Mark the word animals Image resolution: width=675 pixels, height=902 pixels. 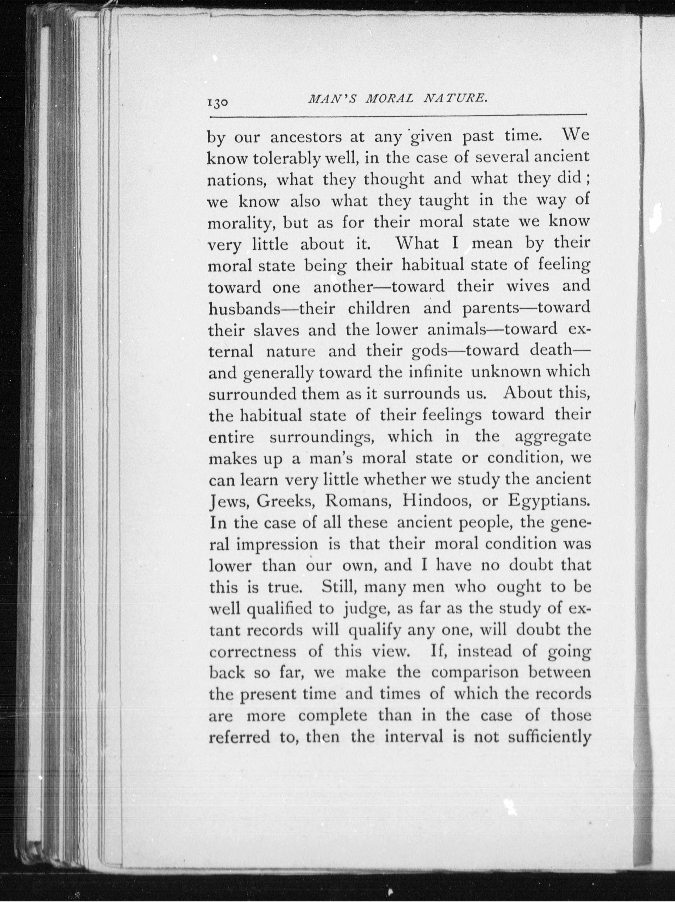(x=457, y=329)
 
